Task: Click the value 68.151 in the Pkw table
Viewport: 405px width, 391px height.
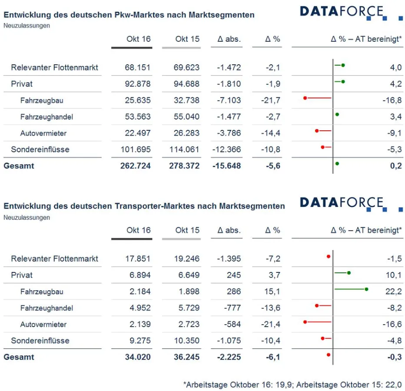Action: tap(138, 67)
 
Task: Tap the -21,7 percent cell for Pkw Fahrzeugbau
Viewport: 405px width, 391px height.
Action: tap(272, 100)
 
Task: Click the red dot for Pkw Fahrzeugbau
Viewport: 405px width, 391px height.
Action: tap(305, 98)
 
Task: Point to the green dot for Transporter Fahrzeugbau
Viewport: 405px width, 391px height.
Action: tap(366, 289)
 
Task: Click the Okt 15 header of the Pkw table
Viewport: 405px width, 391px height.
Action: tap(187, 39)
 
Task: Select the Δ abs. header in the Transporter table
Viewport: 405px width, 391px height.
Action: tap(229, 230)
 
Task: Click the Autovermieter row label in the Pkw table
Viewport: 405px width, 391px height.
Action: tap(43, 133)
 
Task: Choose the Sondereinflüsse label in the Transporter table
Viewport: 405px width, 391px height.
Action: tap(40, 341)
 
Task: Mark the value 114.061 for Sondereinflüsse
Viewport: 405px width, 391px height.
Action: tap(184, 149)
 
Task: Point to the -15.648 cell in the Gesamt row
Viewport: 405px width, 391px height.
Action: tap(226, 166)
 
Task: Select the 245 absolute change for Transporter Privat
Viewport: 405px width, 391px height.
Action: tap(233, 275)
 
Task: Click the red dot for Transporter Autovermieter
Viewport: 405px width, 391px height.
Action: tap(305, 322)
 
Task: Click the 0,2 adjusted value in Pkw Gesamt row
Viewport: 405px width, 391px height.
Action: tap(395, 166)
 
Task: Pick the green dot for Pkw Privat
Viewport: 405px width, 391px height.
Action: tap(343, 81)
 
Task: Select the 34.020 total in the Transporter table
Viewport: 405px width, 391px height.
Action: tap(138, 357)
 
